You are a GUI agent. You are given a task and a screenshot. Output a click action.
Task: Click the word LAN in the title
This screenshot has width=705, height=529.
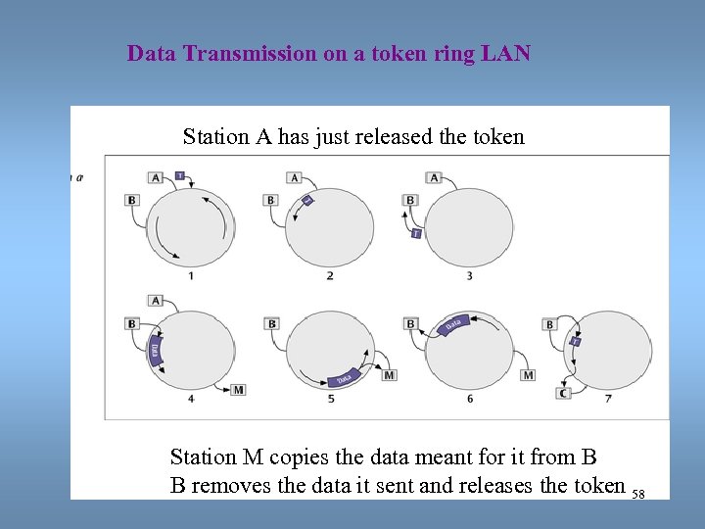click(x=506, y=54)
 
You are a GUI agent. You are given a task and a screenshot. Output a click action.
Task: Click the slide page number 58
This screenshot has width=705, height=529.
click(x=638, y=495)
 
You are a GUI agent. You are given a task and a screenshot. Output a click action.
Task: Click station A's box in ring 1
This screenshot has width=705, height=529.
click(x=156, y=177)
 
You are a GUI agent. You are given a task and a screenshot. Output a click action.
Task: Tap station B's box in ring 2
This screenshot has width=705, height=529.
click(x=271, y=200)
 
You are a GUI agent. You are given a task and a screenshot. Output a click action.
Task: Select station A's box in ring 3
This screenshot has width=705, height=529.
click(x=435, y=177)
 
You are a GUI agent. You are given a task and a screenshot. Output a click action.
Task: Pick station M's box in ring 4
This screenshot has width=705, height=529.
click(x=238, y=390)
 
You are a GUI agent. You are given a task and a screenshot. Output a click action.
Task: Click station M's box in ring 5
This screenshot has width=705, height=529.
click(x=390, y=375)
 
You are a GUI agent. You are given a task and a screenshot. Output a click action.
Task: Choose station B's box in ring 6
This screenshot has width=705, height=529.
click(x=410, y=323)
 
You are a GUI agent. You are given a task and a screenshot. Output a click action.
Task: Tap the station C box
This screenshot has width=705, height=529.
click(x=562, y=394)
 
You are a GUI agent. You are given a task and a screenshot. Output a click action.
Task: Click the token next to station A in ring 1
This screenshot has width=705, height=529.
click(x=179, y=175)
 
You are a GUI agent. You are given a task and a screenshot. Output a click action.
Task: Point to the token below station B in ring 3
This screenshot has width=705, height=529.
click(x=416, y=233)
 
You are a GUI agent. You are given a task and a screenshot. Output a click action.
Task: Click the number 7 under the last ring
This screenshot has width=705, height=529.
click(x=608, y=399)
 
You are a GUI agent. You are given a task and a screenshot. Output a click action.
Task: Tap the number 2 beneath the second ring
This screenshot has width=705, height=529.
click(x=329, y=276)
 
